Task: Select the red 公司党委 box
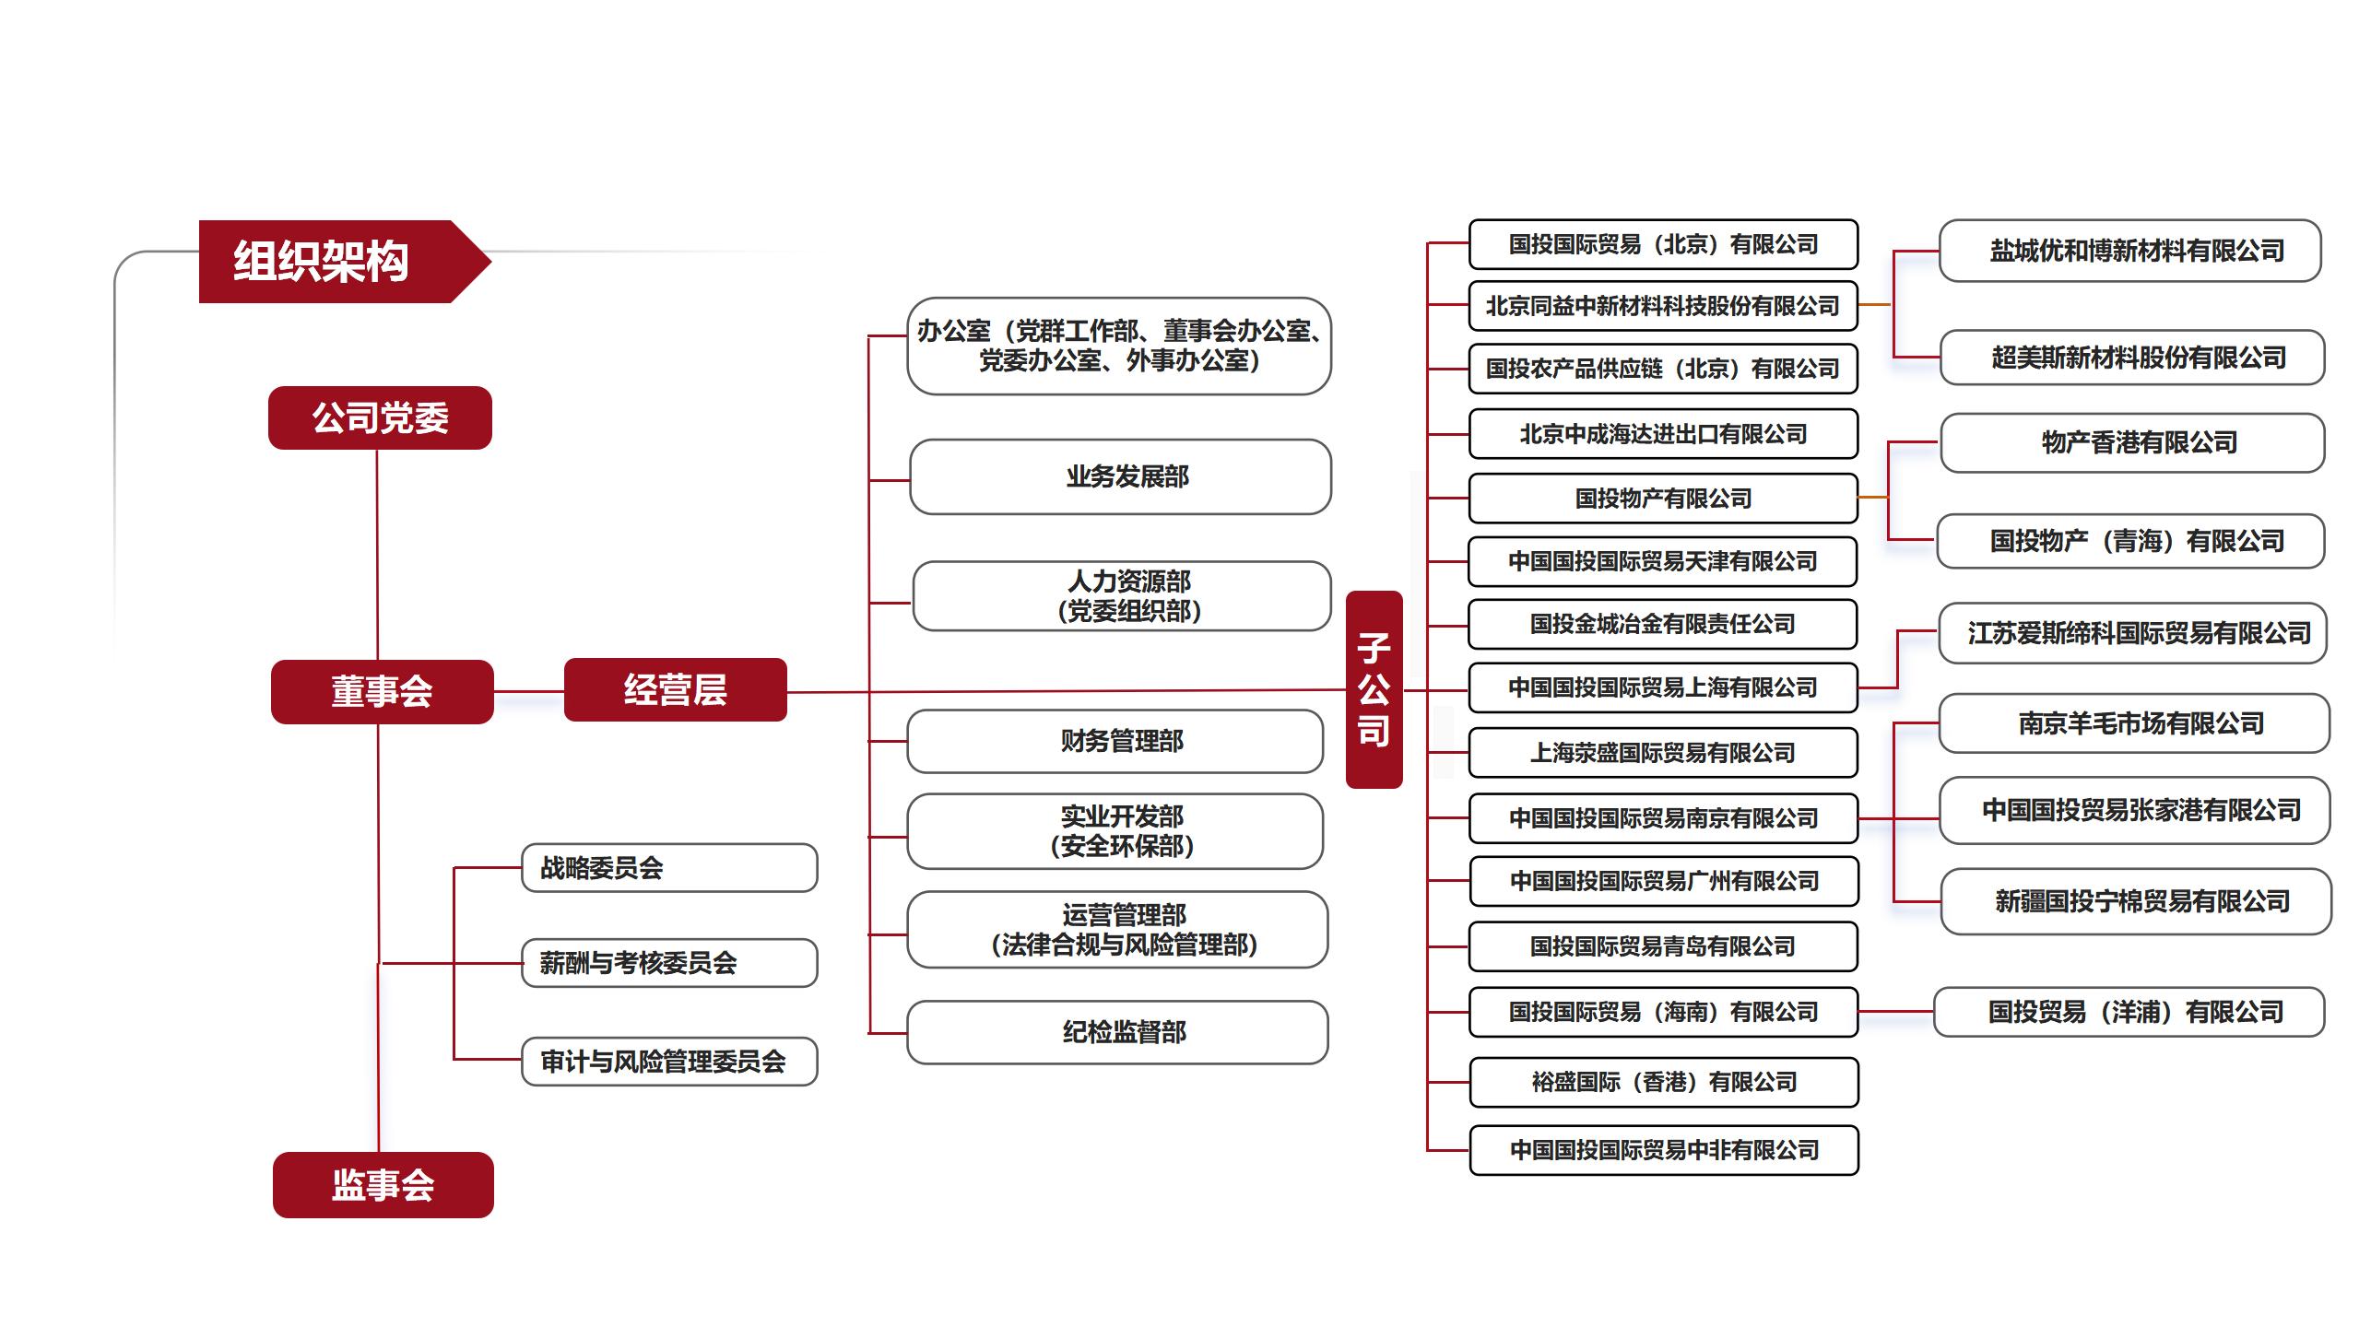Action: (380, 418)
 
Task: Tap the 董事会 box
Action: (382, 691)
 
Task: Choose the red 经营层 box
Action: (676, 689)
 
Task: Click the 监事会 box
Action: (383, 1185)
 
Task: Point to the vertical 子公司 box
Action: (1374, 689)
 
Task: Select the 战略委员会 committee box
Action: (669, 868)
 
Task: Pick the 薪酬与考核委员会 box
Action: (669, 963)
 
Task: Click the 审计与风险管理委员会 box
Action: (669, 1062)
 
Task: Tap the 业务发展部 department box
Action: (1120, 476)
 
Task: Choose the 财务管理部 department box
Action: (1115, 741)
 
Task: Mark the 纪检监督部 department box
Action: (1117, 1032)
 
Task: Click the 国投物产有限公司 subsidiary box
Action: (1663, 499)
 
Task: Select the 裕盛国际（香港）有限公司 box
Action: (1664, 1082)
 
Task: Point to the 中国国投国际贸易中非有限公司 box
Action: (1664, 1150)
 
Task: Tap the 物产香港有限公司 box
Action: (2132, 442)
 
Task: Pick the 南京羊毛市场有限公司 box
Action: (2134, 723)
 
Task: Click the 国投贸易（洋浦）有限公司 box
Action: (2129, 1012)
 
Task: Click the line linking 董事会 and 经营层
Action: (529, 691)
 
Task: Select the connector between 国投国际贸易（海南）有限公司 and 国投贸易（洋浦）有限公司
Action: (1896, 1012)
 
